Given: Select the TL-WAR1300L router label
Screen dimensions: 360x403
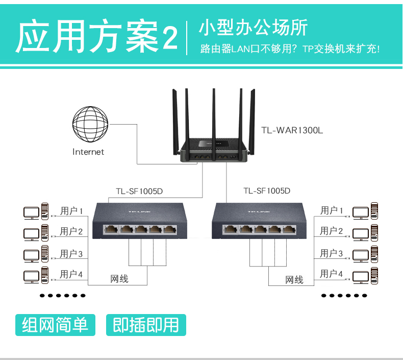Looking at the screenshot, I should [x=292, y=130].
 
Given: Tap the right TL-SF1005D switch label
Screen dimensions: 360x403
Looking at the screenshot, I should [x=267, y=191].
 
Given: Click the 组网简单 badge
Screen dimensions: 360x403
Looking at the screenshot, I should [x=56, y=325].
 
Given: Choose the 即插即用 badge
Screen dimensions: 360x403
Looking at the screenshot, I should [x=146, y=325].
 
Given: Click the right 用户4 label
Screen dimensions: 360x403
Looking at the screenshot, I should [x=332, y=274].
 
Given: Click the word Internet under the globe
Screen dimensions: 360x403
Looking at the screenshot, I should [x=88, y=152].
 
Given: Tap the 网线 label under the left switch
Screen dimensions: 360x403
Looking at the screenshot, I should [x=119, y=279].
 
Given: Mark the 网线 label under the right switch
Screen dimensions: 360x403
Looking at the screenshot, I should [x=294, y=280].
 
